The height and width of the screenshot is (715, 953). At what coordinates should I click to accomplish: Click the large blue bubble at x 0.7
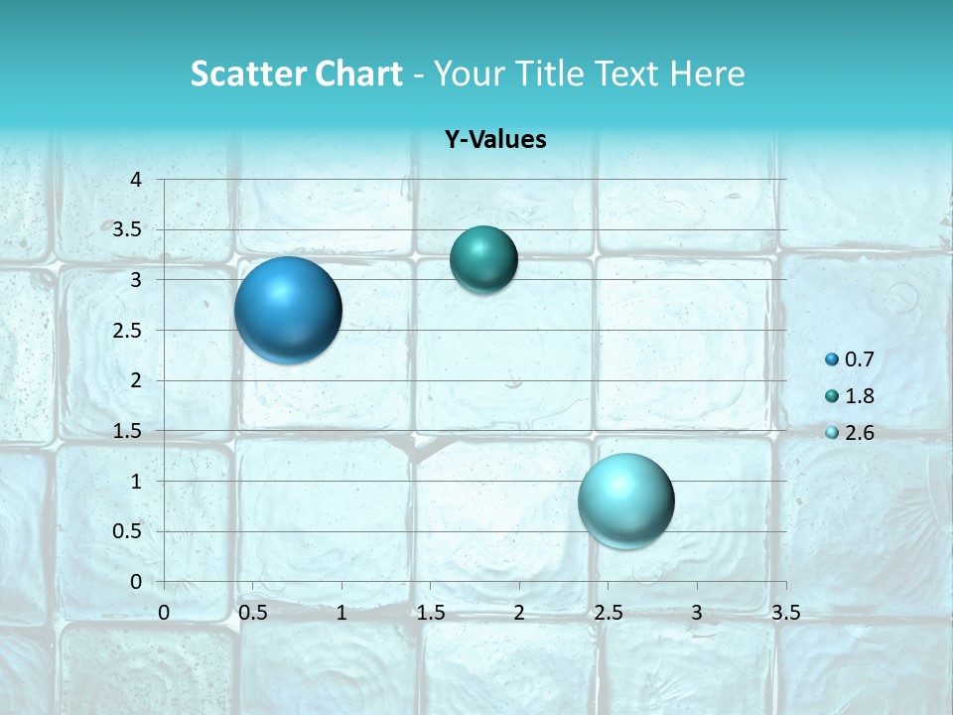coord(288,310)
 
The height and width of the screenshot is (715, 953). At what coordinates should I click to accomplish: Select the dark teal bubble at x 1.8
coord(483,259)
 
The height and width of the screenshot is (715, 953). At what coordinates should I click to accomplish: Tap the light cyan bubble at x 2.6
coord(625,500)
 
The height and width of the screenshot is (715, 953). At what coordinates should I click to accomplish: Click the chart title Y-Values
coord(494,140)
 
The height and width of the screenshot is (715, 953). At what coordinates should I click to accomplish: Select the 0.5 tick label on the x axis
coord(252,613)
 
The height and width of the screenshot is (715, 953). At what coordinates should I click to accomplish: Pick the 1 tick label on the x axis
coord(341,613)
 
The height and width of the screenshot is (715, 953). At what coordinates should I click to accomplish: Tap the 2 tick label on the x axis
coord(519,613)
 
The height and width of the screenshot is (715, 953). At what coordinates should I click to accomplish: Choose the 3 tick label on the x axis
coord(697,613)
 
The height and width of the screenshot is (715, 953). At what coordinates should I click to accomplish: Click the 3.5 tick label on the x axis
coord(785,613)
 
